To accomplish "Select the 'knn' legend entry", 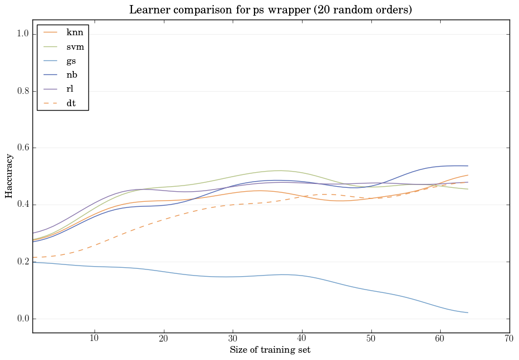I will tap(74, 32).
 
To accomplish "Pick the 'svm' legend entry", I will tap(75, 47).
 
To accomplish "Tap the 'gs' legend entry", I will tap(72, 61).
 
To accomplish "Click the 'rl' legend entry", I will tap(70, 89).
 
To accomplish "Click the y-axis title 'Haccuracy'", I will tap(9, 176).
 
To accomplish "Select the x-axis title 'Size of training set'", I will tap(270, 350).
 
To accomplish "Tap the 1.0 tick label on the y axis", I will tap(23, 34).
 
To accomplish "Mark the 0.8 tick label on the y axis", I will tap(23, 91).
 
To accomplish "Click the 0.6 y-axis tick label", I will tap(23, 148).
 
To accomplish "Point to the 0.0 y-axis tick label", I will tap(23, 319).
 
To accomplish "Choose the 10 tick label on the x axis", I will tap(95, 339).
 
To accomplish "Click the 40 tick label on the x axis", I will tap(302, 339).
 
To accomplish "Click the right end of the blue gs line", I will tap(468, 312).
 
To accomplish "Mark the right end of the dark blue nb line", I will tap(468, 166).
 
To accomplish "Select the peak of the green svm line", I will tap(279, 170).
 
